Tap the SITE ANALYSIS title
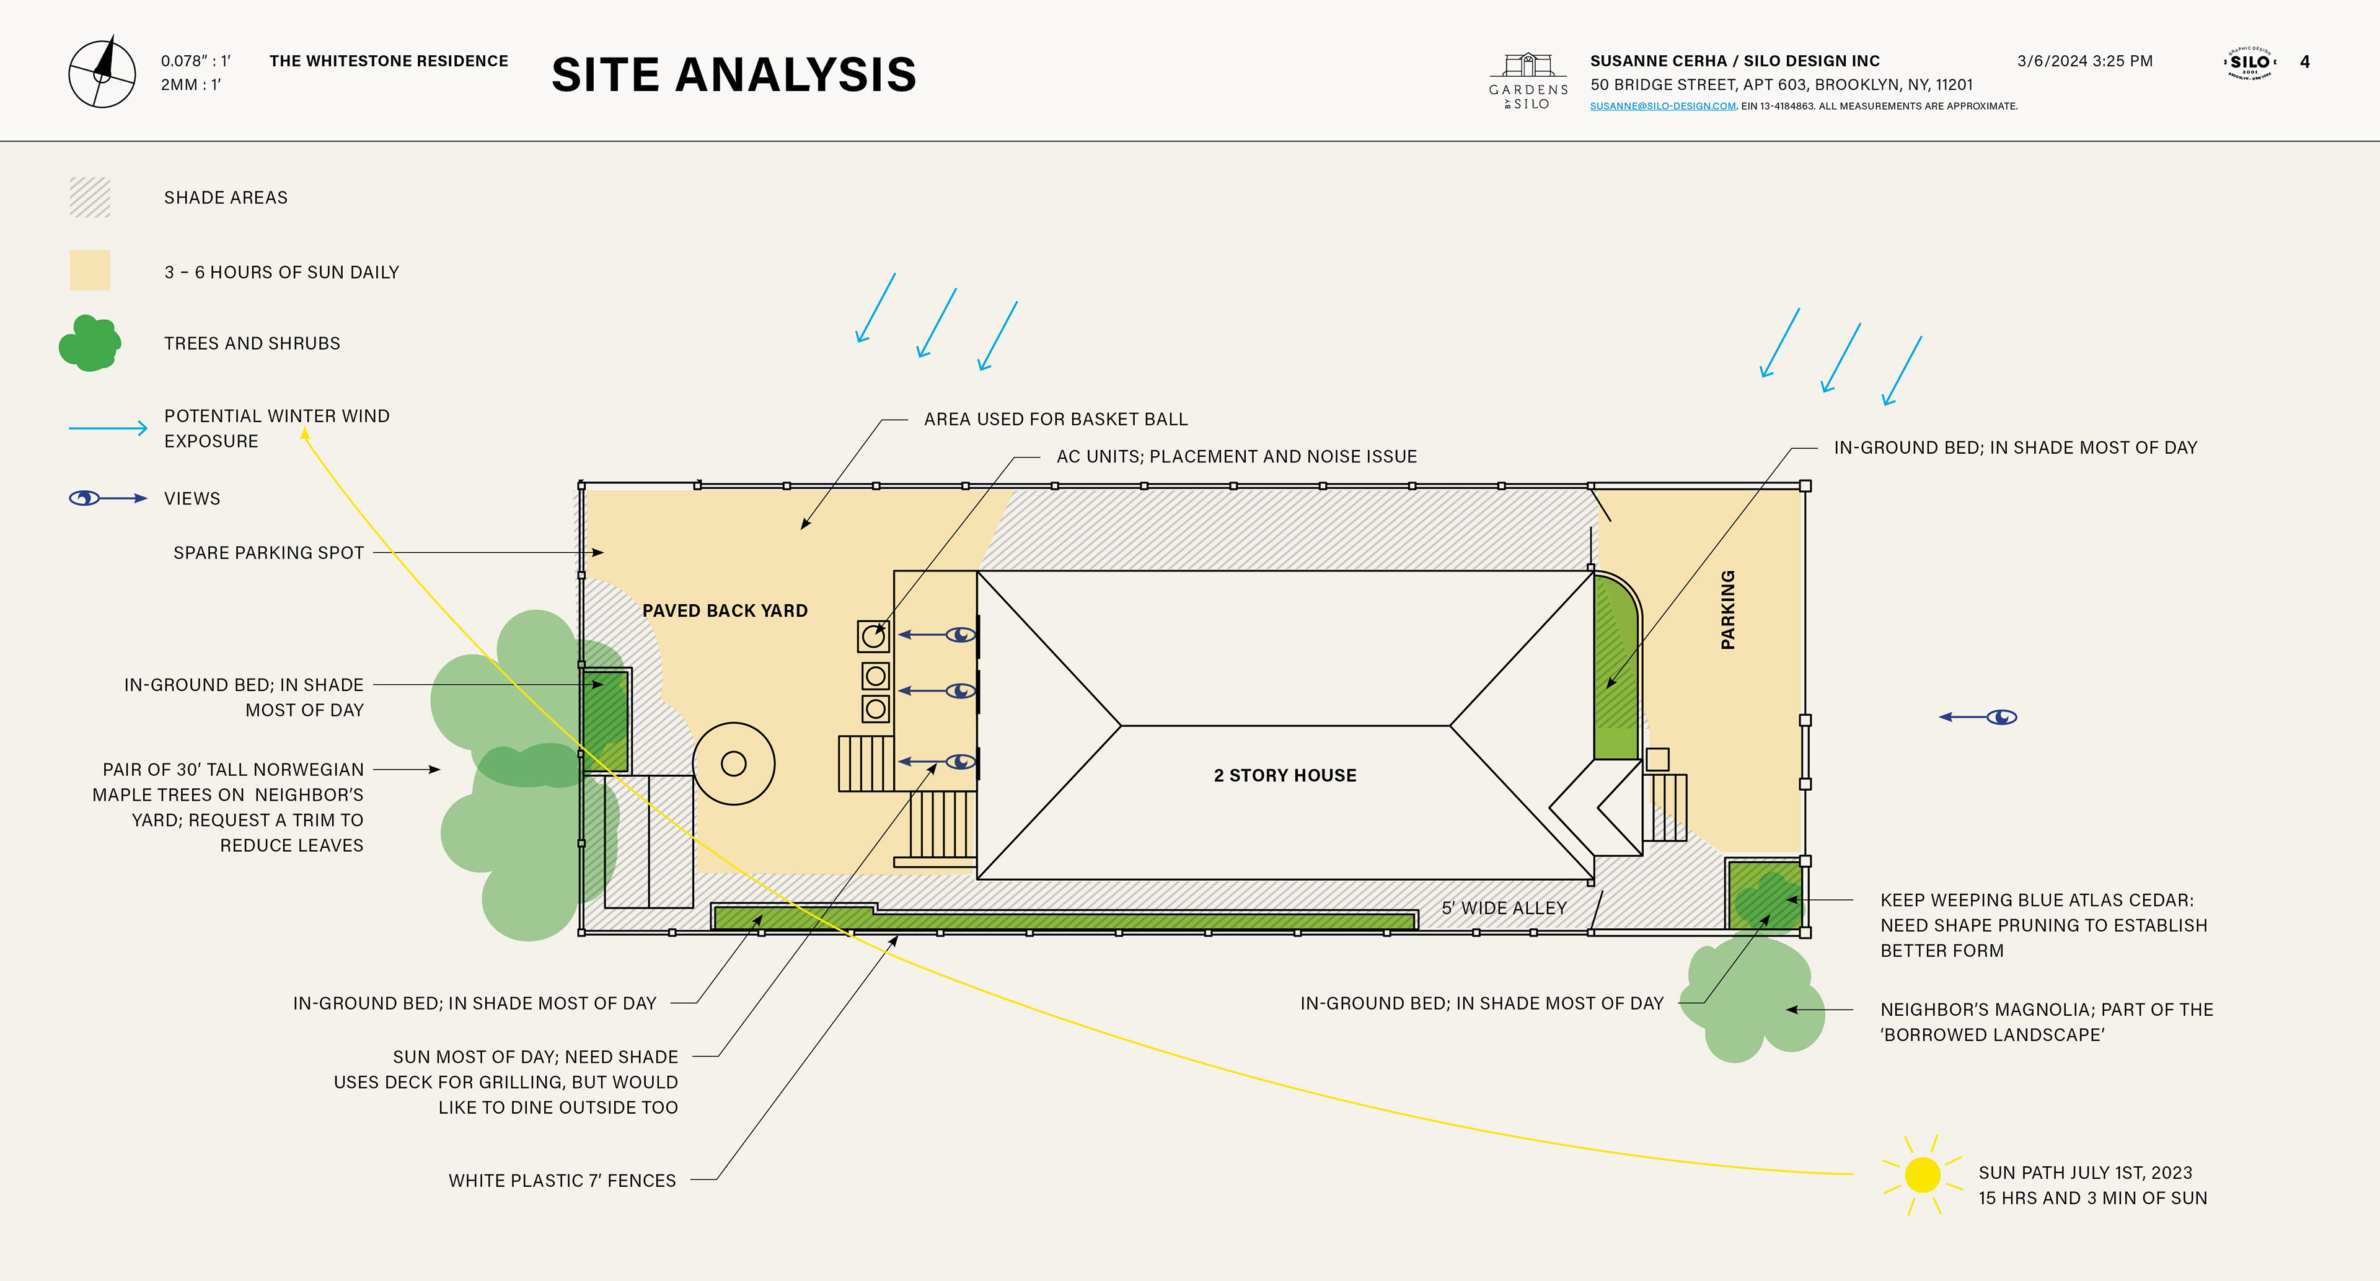pyautogui.click(x=734, y=75)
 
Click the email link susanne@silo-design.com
pyautogui.click(x=1662, y=106)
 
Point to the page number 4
pyautogui.click(x=2304, y=62)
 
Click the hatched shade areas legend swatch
pyautogui.click(x=90, y=198)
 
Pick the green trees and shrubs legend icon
pyautogui.click(x=90, y=343)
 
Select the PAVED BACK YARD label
pyautogui.click(x=725, y=610)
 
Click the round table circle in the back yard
pyautogui.click(x=734, y=764)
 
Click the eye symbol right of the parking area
pyautogui.click(x=2002, y=716)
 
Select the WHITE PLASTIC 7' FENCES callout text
pyautogui.click(x=562, y=1181)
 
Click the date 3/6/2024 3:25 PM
pyautogui.click(x=2084, y=61)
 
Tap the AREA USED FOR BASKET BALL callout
pyautogui.click(x=1055, y=420)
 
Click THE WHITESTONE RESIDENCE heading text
pyautogui.click(x=388, y=61)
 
